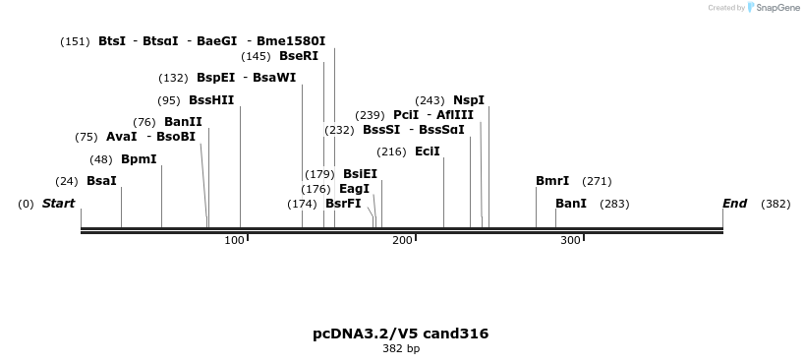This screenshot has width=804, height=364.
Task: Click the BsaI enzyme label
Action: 101,181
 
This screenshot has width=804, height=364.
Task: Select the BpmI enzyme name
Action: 139,159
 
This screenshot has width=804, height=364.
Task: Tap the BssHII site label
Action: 211,100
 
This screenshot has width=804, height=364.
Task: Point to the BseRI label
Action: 299,56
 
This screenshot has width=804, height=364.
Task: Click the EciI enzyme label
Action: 428,152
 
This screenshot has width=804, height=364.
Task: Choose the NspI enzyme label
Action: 469,100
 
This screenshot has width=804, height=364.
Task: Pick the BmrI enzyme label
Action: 552,181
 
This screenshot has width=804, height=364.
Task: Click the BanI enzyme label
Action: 571,204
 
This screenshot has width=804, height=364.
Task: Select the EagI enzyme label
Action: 354,189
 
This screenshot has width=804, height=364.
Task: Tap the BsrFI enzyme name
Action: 343,204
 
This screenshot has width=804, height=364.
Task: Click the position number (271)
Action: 597,181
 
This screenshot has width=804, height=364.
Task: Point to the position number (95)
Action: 169,100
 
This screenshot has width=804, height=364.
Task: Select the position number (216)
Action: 391,152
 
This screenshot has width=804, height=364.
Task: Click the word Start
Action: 58,204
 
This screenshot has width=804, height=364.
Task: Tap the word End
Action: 735,204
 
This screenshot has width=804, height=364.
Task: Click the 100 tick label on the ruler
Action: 234,240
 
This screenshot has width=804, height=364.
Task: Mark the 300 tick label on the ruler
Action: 570,240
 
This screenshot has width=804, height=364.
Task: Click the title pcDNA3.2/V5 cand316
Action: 400,334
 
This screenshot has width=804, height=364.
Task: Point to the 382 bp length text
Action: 401,348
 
